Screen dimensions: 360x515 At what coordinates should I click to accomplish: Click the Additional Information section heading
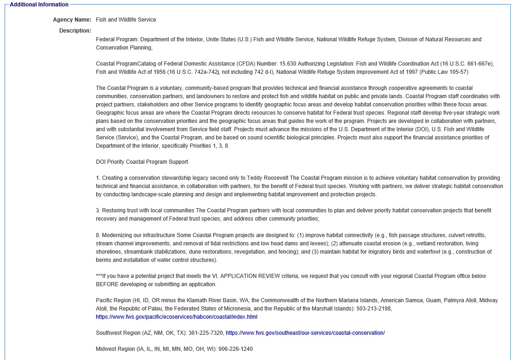pos(39,5)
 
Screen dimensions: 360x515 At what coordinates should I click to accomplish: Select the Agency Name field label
pos(72,20)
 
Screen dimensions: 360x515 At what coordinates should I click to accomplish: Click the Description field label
pos(75,31)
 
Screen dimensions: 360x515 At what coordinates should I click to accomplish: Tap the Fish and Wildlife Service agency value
pos(126,20)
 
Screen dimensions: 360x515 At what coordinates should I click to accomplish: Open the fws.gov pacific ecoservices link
pos(177,317)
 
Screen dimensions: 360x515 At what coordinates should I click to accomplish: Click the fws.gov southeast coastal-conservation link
pos(305,333)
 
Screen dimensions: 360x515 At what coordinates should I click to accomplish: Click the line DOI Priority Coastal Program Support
pos(142,162)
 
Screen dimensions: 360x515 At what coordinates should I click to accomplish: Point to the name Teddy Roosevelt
pos(268,178)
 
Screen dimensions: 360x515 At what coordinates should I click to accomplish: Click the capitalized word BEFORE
pos(107,284)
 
